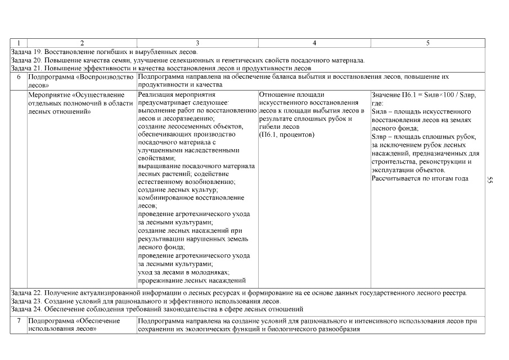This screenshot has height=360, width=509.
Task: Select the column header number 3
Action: pos(197,43)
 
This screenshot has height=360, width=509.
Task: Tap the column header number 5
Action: pos(427,43)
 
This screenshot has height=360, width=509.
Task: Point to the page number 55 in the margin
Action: pos(490,180)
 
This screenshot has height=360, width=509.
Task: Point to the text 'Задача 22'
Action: pos(26,293)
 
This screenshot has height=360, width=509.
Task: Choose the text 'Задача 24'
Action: pos(26,309)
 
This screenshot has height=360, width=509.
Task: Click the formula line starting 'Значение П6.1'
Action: pos(424,95)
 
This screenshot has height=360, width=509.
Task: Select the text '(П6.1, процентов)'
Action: pos(286,135)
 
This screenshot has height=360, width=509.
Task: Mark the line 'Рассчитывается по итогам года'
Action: pos(420,178)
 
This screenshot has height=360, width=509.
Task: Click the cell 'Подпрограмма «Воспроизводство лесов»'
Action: pos(80,80)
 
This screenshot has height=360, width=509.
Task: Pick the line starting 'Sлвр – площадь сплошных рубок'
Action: pos(424,137)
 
